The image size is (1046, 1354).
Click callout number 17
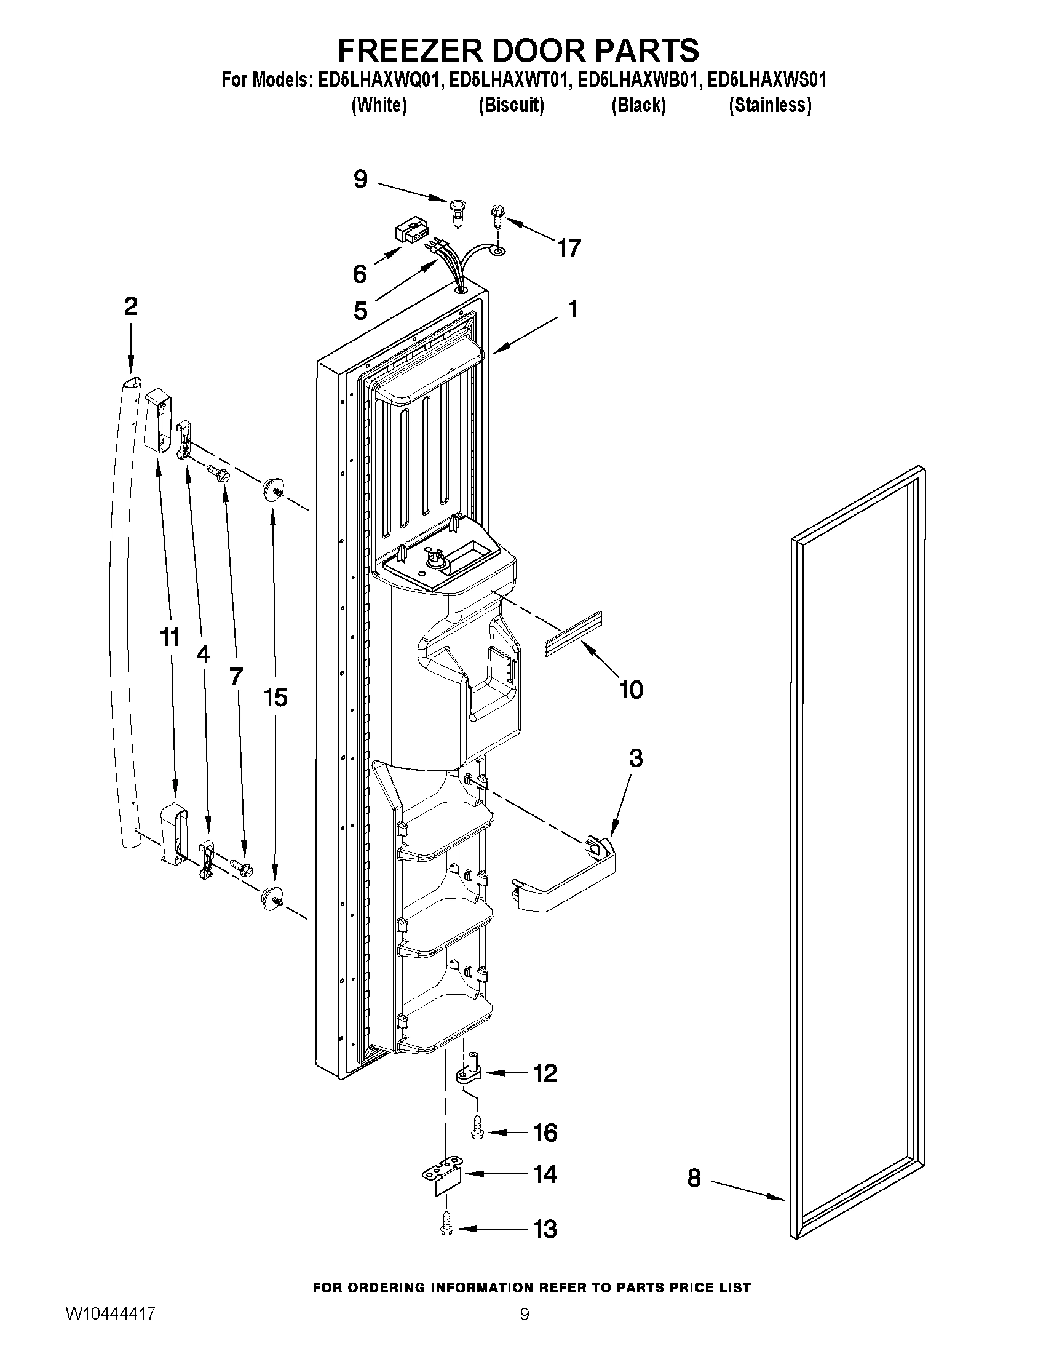point(569,248)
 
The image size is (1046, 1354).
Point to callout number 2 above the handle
point(131,306)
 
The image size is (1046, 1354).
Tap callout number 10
point(631,690)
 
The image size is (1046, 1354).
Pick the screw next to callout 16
point(478,1128)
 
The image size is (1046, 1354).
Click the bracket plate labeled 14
point(443,1175)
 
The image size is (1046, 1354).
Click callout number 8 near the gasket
point(694,1178)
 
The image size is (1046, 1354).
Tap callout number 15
point(275,698)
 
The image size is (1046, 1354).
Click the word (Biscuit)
point(511,105)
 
